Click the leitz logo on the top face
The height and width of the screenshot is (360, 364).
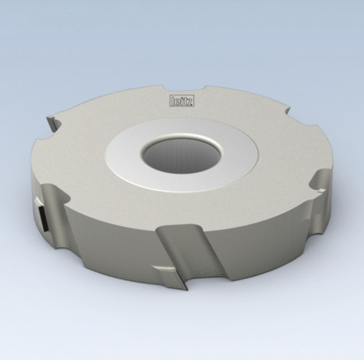(x=178, y=101)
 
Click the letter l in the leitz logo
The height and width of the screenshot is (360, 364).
(x=171, y=101)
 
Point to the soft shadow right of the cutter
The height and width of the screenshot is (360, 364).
(x=342, y=235)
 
